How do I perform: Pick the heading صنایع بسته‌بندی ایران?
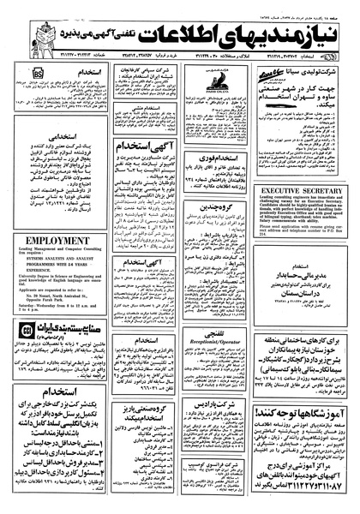pyautogui.click(x=64, y=352)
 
